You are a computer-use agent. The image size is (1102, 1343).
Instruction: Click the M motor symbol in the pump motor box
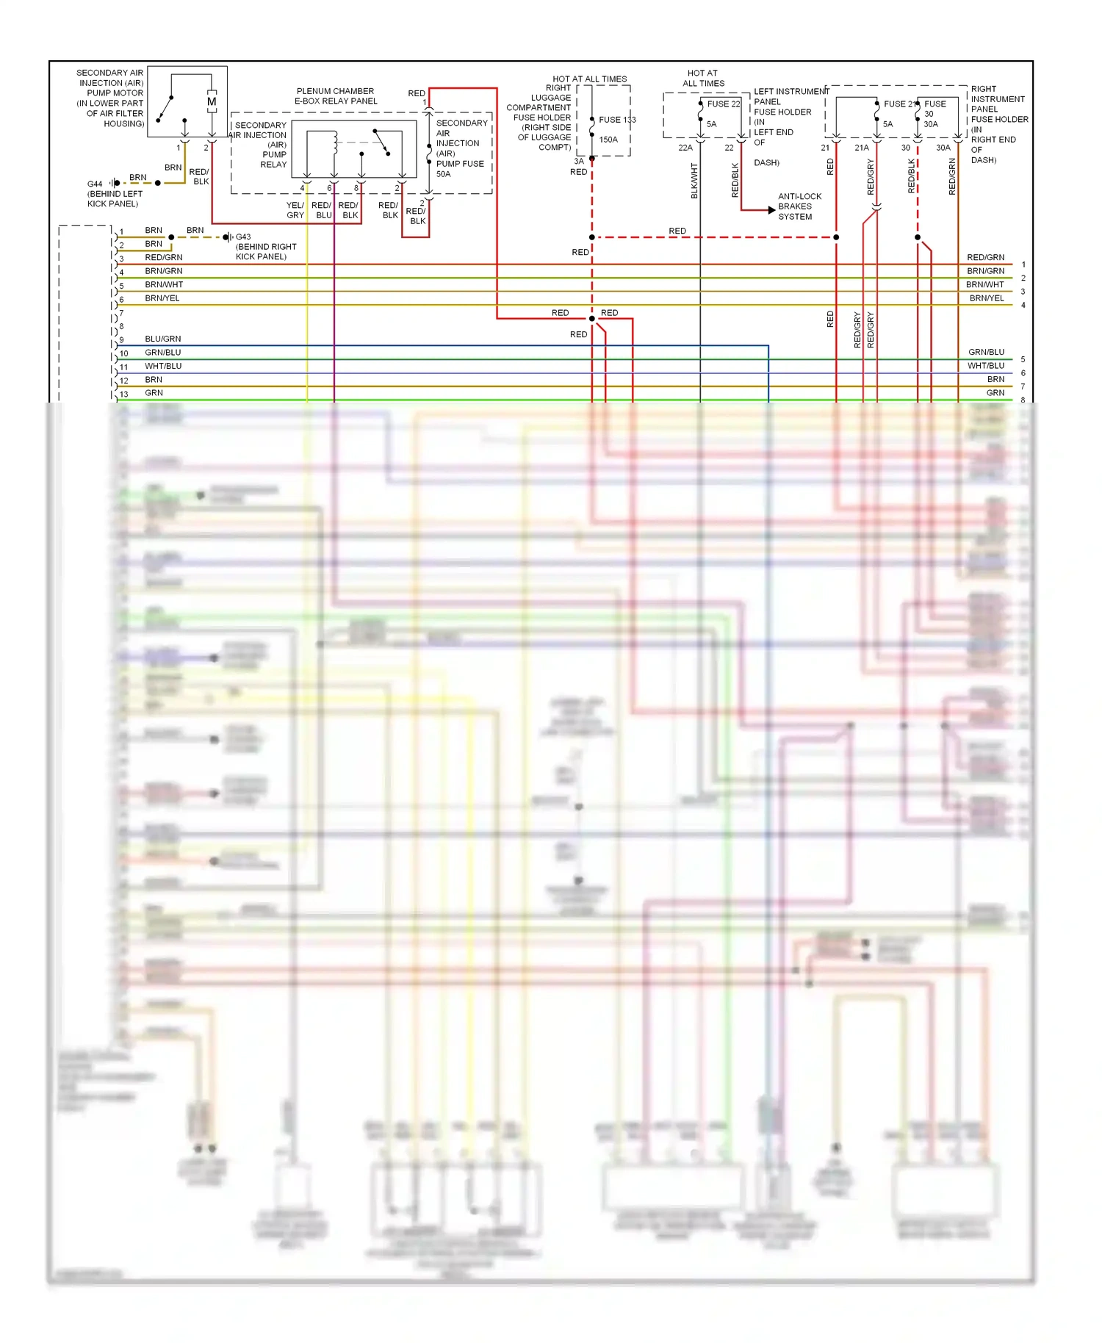[212, 102]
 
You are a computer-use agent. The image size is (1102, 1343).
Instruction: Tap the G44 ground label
[95, 184]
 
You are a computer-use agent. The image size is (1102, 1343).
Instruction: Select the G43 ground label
[243, 237]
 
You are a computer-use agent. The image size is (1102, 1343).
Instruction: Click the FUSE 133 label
[617, 120]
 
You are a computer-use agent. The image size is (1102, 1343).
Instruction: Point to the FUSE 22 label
[724, 104]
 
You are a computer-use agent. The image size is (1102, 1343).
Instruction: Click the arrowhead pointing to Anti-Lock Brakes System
[771, 210]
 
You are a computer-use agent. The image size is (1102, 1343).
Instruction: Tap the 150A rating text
[608, 140]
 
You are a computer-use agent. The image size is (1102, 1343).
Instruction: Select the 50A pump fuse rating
[444, 174]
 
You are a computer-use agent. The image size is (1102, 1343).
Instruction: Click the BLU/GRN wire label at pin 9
[163, 339]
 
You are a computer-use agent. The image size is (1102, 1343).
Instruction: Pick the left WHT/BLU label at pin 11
[163, 366]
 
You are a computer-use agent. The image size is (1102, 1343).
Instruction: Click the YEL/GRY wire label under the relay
[295, 210]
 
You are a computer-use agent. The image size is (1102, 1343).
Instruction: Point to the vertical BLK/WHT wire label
[694, 181]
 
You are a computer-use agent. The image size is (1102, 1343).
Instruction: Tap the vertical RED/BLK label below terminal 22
[735, 180]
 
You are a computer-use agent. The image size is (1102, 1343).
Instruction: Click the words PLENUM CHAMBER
[335, 91]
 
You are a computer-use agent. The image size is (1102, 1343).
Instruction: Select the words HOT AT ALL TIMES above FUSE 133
[589, 79]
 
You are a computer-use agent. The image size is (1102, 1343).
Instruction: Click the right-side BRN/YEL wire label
[986, 298]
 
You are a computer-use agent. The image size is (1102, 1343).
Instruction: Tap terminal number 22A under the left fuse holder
[685, 148]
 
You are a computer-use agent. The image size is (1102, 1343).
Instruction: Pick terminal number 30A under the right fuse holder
[943, 148]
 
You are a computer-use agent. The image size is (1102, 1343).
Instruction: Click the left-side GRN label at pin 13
[154, 393]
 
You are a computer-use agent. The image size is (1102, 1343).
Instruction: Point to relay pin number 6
[329, 188]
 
